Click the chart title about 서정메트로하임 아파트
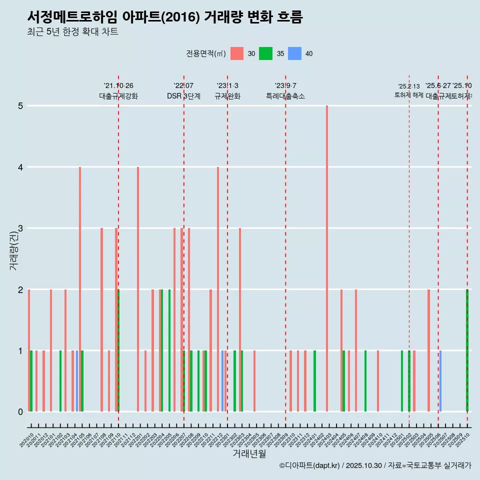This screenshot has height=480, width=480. (165, 17)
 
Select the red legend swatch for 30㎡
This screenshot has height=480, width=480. (236, 53)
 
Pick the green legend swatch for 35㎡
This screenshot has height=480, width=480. (265, 53)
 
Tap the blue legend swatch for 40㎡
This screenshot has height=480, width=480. (294, 53)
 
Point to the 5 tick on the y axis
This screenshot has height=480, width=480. (20, 106)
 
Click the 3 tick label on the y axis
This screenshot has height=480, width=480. (20, 228)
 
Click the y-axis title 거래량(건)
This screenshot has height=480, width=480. (13, 250)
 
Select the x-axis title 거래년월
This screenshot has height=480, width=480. (249, 453)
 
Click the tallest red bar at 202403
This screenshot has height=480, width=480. (327, 258)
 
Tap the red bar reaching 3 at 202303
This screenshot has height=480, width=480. (240, 320)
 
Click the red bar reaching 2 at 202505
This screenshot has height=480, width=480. (428, 350)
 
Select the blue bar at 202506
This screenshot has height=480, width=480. (440, 381)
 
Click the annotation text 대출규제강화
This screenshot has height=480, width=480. (118, 96)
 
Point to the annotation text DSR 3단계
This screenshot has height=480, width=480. (183, 96)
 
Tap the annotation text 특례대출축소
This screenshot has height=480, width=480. (285, 96)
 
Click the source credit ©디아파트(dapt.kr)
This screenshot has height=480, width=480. (310, 465)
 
